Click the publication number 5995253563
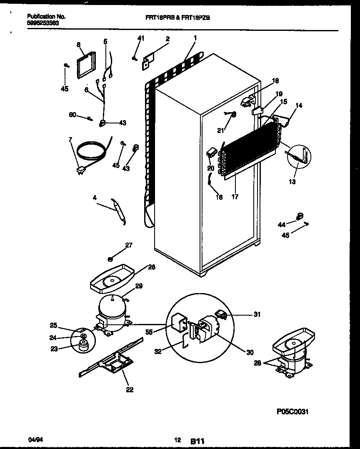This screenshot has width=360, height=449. pos(43,23)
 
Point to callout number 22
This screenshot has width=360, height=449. pos(130,390)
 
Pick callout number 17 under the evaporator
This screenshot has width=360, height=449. pos(235,197)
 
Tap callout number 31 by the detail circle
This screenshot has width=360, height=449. pos(257,314)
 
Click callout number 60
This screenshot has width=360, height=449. pos(72,115)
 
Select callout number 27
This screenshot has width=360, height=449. pos(129,245)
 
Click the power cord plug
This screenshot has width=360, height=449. pos(80,170)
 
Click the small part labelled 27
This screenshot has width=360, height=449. pos(110,259)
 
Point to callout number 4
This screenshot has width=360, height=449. pos(95,198)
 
